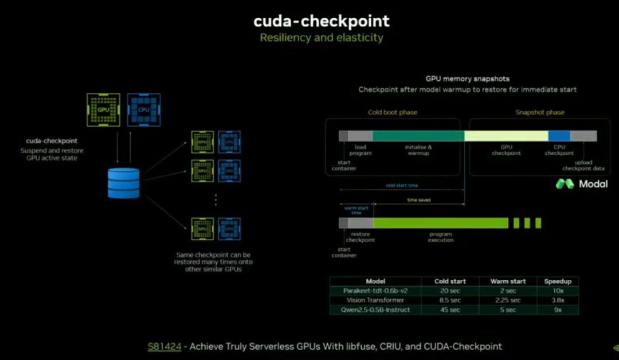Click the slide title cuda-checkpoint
coord(322,21)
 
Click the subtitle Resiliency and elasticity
coord(322,38)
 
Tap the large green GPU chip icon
coord(103,109)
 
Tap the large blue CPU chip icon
coord(143,109)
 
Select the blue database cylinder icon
coord(124,183)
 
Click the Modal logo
coord(581,184)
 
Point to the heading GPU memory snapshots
coord(467,79)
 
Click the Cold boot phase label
coord(393,112)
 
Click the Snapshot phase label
coord(539,112)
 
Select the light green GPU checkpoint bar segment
coord(506,136)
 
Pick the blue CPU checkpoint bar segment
coord(559,136)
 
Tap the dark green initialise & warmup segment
coord(418,136)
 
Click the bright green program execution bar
coord(440,223)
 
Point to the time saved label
coord(418,200)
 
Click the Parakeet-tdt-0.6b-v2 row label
coord(375,291)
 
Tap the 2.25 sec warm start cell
coord(507,300)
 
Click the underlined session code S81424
coord(164,346)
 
